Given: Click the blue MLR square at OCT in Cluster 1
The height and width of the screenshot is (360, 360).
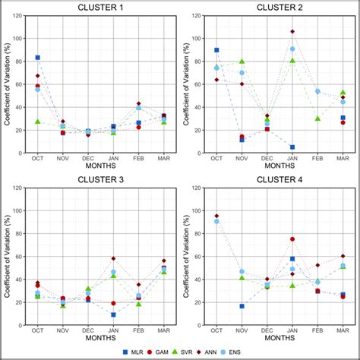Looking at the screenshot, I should [x=38, y=58].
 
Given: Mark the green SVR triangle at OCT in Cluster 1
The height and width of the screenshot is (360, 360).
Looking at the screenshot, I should [x=38, y=122].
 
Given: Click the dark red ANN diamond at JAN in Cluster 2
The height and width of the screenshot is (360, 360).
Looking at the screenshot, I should [x=292, y=32].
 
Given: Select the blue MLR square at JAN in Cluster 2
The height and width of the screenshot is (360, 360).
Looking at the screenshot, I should [x=292, y=147].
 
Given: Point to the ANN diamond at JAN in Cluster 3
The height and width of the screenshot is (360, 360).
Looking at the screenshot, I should [x=114, y=259].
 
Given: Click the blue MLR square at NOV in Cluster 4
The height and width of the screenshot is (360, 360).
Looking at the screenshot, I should [x=242, y=306].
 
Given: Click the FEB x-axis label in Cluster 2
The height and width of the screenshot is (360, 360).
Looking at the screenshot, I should [x=317, y=158].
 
